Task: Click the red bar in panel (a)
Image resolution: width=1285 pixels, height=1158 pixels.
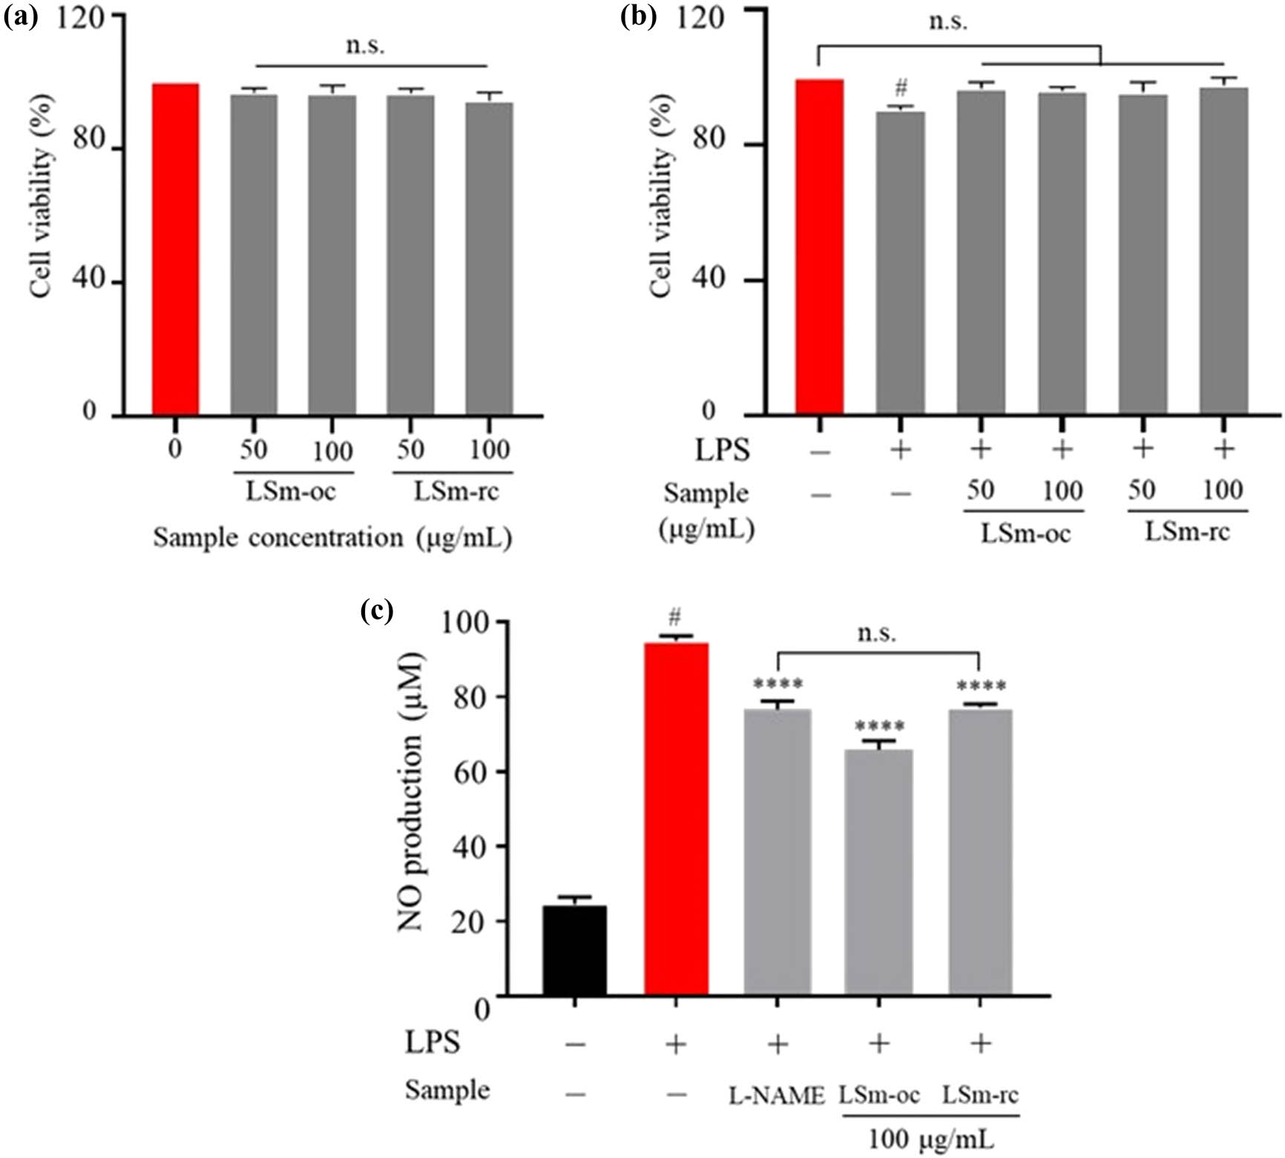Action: coord(175,249)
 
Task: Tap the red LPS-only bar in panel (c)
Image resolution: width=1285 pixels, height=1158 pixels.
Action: coord(676,819)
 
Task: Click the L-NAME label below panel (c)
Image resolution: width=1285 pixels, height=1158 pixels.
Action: coord(777,1096)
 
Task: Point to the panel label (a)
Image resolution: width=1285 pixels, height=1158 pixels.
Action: coord(21,17)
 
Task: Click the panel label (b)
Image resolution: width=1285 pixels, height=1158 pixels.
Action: coord(638,17)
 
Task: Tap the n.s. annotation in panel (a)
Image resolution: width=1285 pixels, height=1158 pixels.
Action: coord(366,46)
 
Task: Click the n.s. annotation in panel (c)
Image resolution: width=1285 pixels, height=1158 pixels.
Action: coord(877,633)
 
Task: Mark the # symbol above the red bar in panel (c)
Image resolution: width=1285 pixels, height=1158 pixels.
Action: coord(674,616)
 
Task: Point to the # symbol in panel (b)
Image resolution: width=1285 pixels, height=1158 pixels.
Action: coord(901,89)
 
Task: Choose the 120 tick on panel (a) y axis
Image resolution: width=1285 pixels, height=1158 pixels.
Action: coord(80,16)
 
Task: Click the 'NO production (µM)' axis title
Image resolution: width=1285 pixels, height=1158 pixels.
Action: coord(410,792)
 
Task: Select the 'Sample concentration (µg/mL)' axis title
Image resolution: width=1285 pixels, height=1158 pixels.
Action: coord(332,538)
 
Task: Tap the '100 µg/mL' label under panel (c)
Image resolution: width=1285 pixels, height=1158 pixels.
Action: coord(931,1139)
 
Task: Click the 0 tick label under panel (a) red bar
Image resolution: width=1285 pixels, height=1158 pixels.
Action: coord(174,450)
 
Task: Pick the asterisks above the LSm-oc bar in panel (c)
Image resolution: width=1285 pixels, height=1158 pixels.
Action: coord(879,727)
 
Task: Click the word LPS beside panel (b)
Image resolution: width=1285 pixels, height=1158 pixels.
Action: coord(722,450)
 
